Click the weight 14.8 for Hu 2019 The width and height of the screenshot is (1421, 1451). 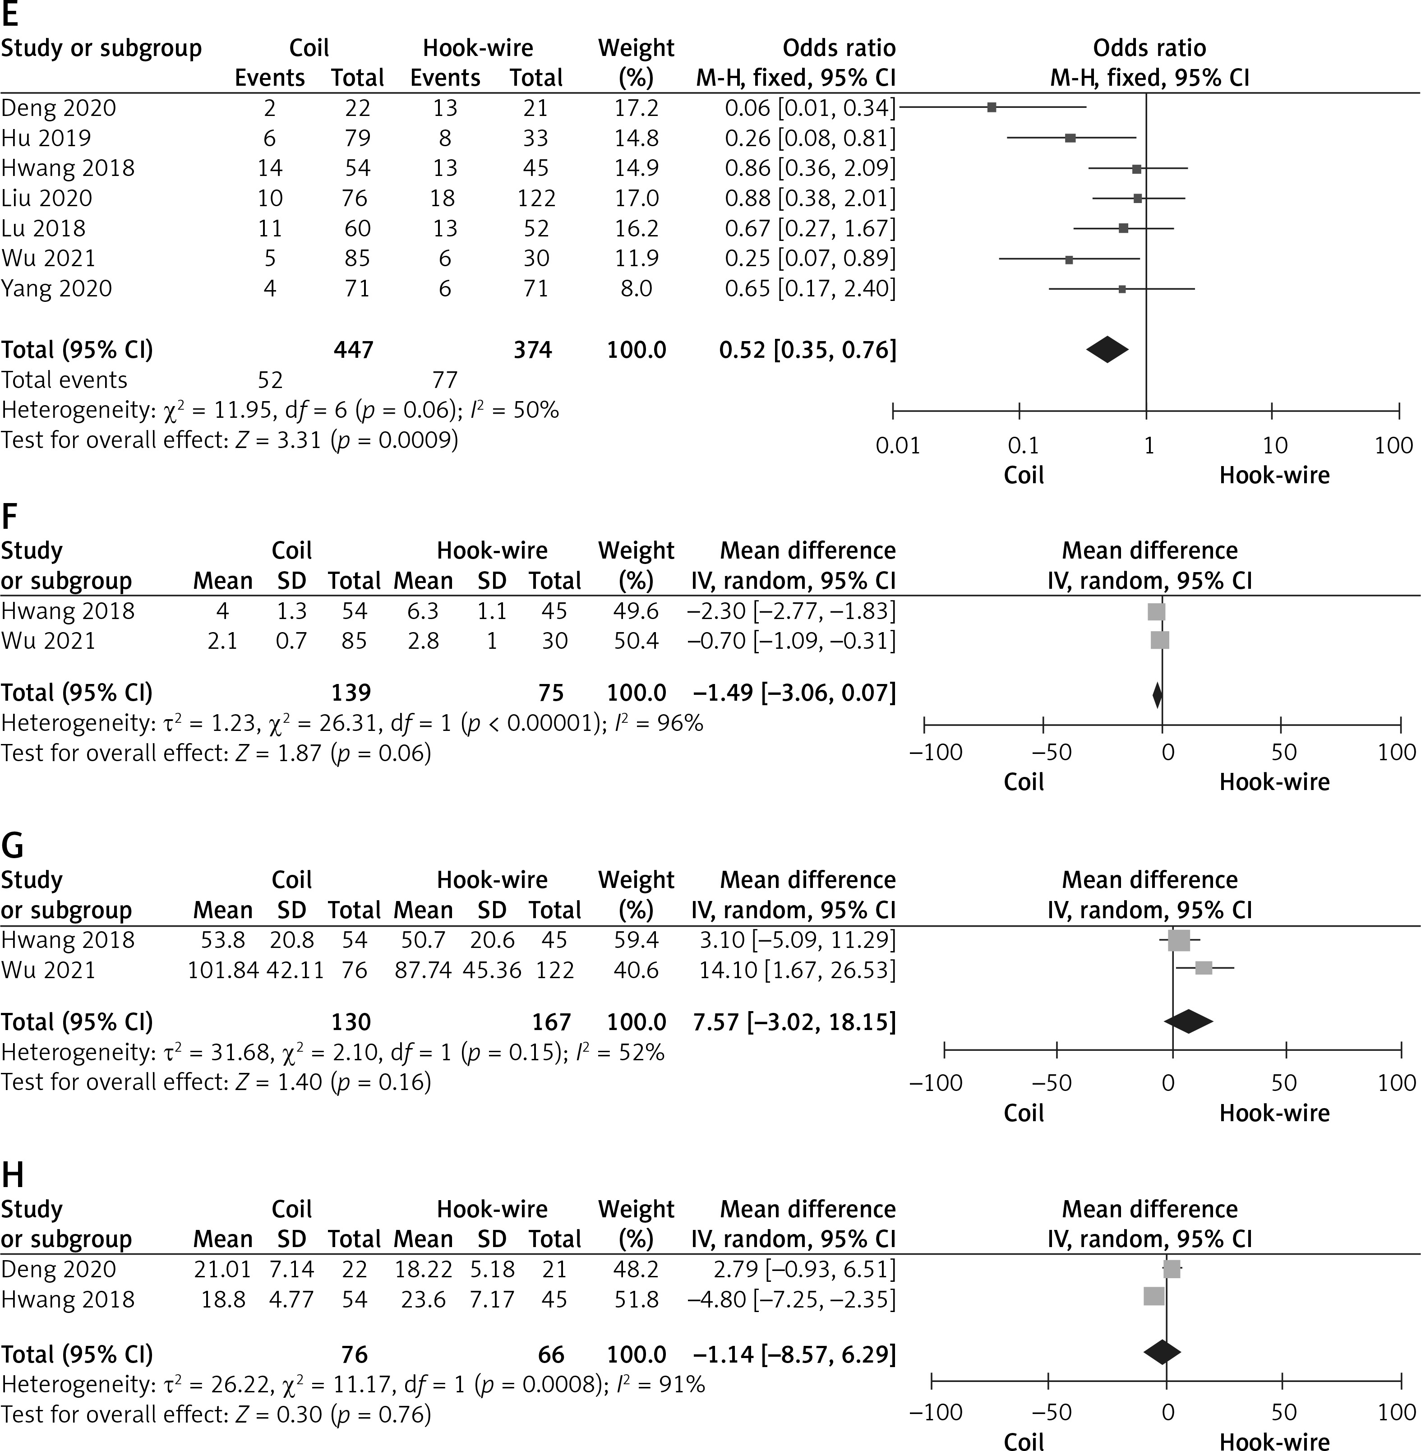[x=636, y=138]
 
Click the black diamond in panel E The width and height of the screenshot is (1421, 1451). [x=1107, y=349]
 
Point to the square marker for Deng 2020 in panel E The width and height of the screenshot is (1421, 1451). [x=991, y=107]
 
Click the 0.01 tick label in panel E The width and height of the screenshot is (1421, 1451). [x=897, y=446]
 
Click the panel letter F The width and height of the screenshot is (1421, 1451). [x=10, y=517]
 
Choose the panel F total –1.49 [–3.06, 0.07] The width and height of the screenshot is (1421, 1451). [x=794, y=693]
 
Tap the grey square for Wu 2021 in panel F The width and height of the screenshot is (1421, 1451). [x=1160, y=640]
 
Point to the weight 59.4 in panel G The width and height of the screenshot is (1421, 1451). [x=636, y=940]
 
